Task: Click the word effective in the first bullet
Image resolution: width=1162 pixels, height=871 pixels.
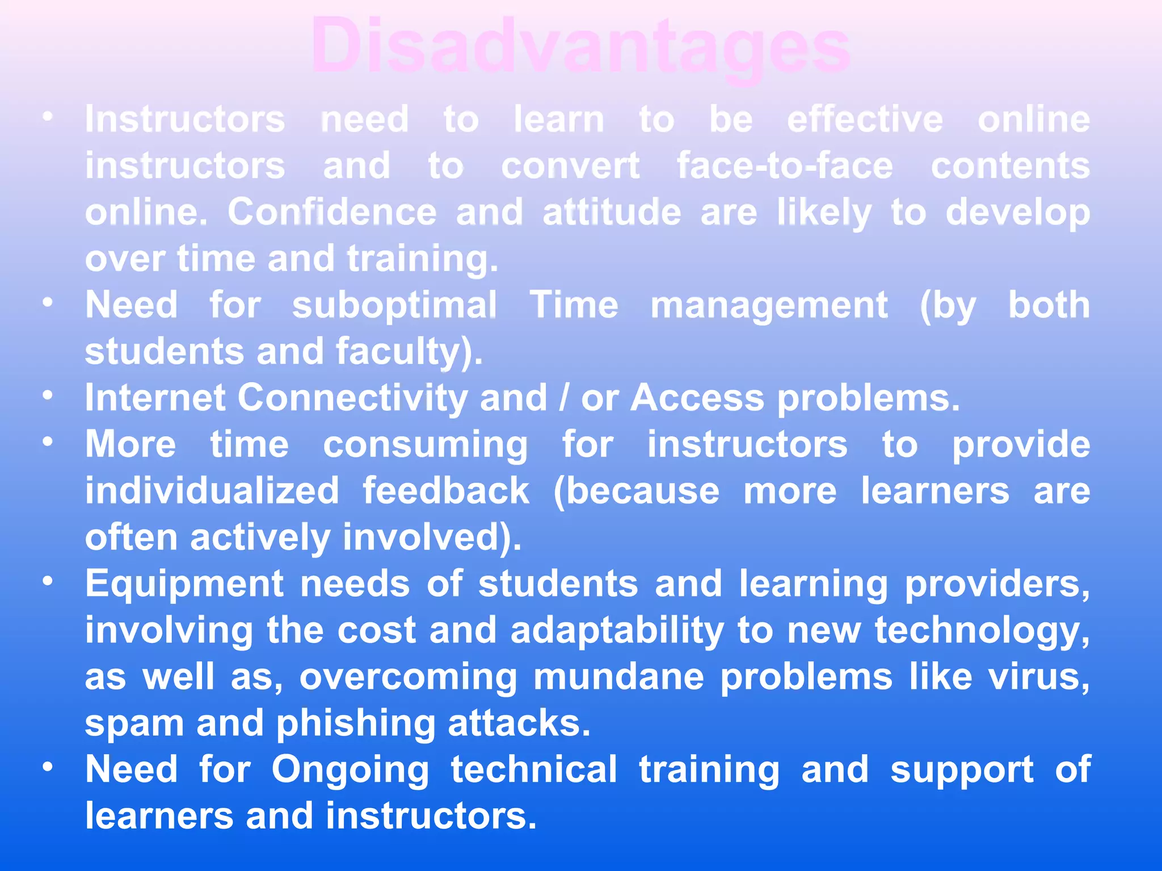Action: tap(865, 120)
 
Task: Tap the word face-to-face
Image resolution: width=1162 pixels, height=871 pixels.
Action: tap(785, 166)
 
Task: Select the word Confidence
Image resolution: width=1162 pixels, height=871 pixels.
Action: tap(332, 212)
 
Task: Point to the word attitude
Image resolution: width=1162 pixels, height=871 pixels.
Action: tap(612, 212)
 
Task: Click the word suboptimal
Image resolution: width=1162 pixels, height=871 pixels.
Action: tap(394, 305)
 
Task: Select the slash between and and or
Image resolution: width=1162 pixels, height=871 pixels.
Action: tap(563, 398)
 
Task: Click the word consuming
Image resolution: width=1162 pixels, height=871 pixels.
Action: tap(426, 445)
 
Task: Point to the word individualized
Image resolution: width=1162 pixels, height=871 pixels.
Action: tap(212, 491)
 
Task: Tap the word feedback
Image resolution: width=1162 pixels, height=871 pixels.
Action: tap(446, 491)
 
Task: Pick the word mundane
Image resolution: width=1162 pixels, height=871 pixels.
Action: tap(618, 676)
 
